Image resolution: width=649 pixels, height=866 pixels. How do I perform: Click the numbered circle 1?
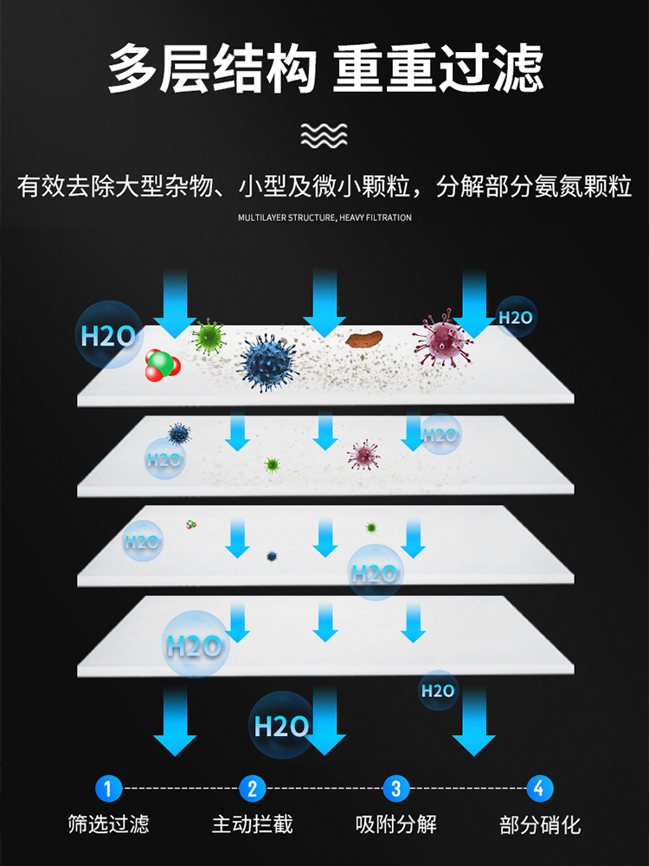(107, 788)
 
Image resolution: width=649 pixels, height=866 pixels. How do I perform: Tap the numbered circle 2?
(252, 788)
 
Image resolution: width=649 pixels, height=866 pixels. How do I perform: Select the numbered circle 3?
(396, 788)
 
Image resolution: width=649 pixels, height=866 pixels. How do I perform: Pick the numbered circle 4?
(540, 788)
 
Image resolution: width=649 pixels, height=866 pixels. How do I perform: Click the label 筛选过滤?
(108, 824)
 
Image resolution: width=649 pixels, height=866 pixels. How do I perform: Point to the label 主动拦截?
(252, 824)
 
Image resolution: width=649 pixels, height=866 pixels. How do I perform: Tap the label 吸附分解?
(396, 824)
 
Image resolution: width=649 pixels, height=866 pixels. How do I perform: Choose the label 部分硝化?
(540, 824)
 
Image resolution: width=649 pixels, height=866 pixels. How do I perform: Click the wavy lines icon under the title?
(324, 136)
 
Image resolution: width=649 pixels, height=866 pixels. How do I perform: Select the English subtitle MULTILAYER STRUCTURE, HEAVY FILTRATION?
(324, 217)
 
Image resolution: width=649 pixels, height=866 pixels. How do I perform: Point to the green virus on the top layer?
(208, 334)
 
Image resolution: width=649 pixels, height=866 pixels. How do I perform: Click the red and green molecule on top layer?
(162, 364)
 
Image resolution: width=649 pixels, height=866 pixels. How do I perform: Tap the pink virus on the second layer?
(363, 454)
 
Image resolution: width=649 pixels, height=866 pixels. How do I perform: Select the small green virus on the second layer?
(273, 465)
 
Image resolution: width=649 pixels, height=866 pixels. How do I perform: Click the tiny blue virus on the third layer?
(272, 556)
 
